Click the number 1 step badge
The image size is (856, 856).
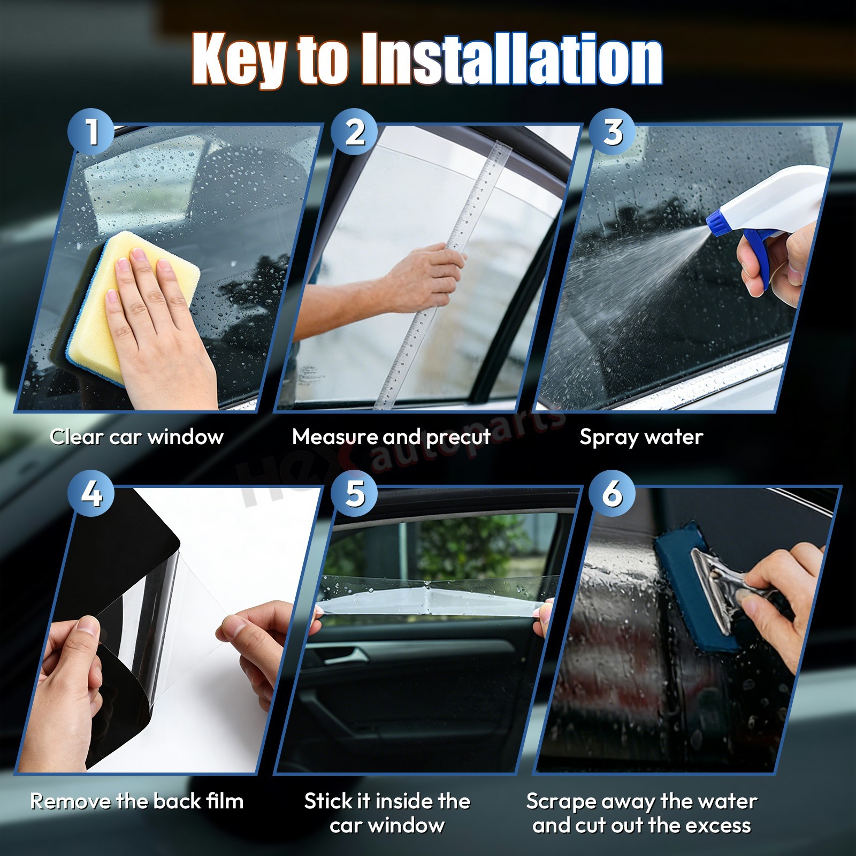[x=91, y=132]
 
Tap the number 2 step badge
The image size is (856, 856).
[x=354, y=132]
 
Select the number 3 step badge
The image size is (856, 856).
[x=612, y=132]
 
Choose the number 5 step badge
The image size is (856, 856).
[x=354, y=493]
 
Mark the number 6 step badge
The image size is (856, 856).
[x=612, y=493]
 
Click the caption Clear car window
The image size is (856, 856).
[x=136, y=437]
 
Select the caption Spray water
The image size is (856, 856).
[x=641, y=438]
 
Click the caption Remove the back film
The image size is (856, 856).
[x=137, y=801]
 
